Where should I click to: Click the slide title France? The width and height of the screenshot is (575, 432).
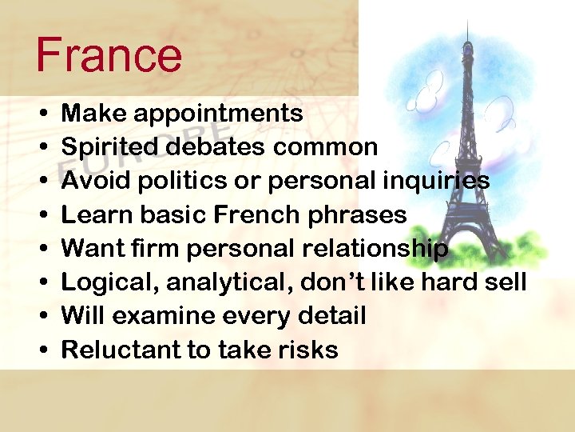pos(109,55)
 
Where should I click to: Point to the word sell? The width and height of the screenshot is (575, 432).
pos(509,282)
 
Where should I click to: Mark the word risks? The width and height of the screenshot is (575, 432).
pos(307,350)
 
